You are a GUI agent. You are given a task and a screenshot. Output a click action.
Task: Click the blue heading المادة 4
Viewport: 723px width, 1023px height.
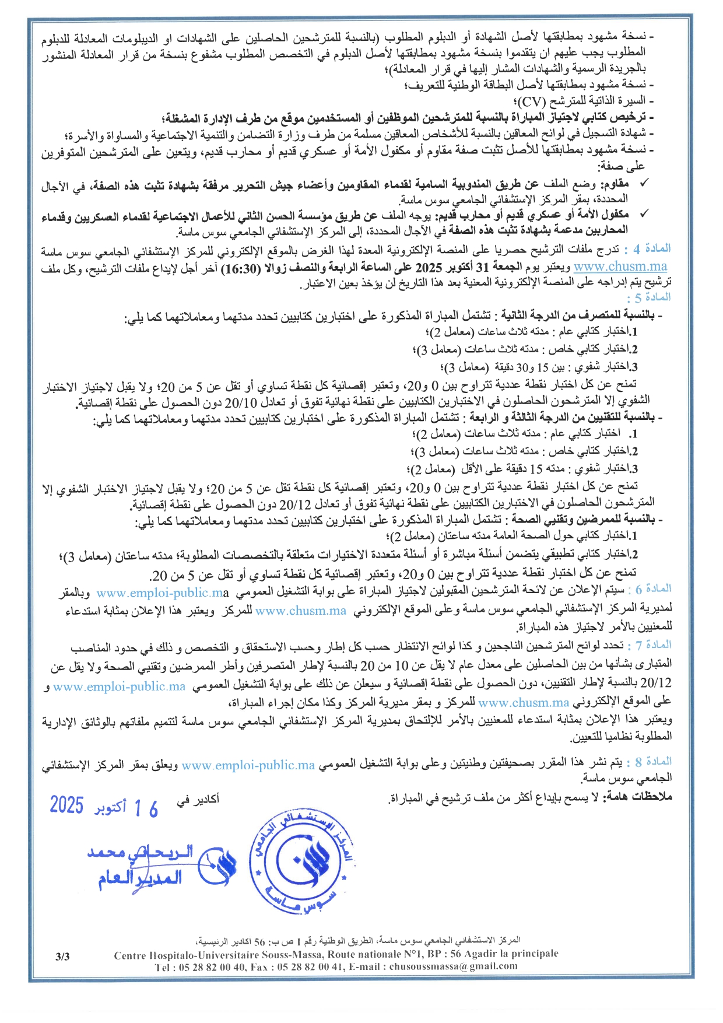pyautogui.click(x=651, y=249)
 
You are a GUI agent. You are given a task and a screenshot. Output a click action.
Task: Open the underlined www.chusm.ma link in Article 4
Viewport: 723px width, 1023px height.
pyautogui.click(x=620, y=267)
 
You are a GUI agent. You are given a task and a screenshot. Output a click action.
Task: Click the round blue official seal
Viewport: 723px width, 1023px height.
pyautogui.click(x=303, y=862)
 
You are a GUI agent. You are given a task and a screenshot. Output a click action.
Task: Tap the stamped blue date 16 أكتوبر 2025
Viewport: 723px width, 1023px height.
pyautogui.click(x=104, y=807)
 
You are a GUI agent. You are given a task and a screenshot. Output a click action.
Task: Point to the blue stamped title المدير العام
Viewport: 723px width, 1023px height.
pyautogui.click(x=140, y=878)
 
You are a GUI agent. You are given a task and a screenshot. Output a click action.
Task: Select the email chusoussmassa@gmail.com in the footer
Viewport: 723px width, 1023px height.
pyautogui.click(x=453, y=966)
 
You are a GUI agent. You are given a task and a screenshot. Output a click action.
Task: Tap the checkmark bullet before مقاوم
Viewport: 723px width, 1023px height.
pyautogui.click(x=643, y=184)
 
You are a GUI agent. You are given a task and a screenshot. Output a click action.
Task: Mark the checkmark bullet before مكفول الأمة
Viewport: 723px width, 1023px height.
pyautogui.click(x=643, y=214)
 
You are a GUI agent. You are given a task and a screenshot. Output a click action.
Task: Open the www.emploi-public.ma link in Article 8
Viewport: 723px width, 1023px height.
pyautogui.click(x=248, y=765)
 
